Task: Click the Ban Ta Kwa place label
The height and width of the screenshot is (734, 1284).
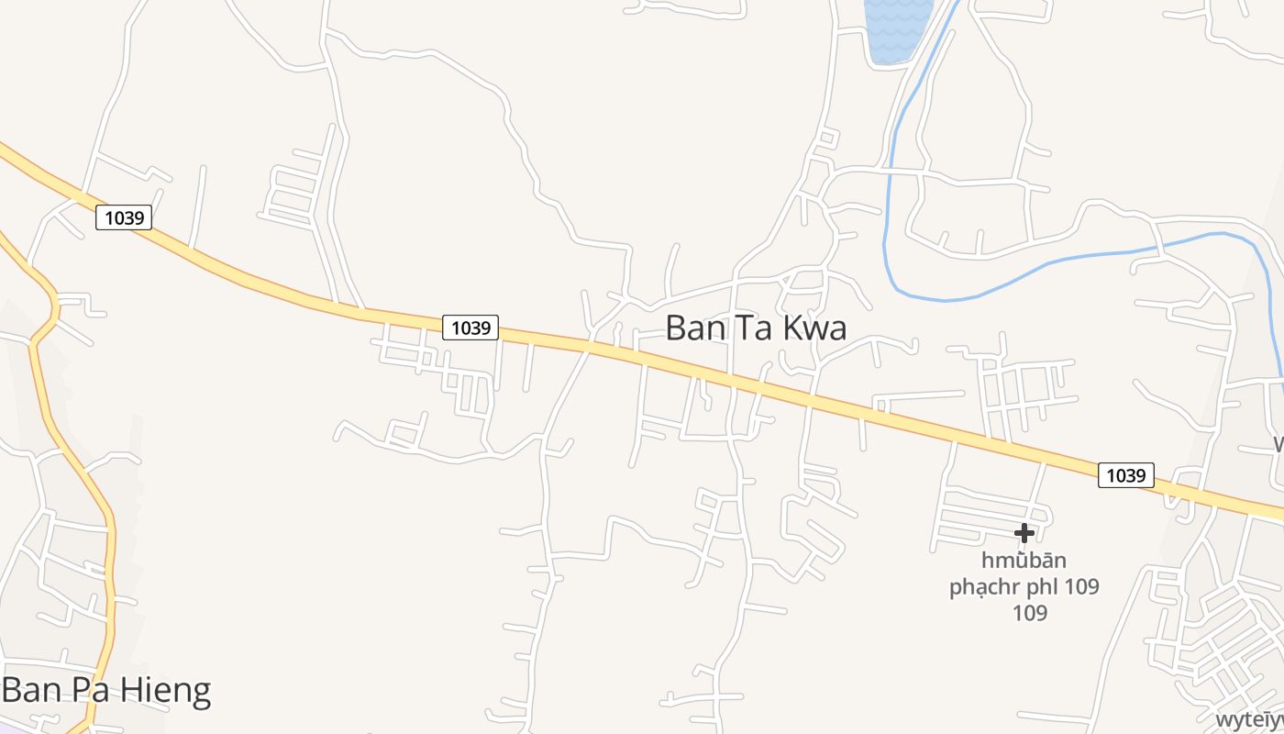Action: (x=755, y=328)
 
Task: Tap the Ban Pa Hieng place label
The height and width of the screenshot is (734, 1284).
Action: (x=106, y=690)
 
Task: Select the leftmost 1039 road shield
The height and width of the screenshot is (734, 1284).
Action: (x=124, y=217)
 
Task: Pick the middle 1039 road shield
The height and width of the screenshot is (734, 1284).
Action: (x=470, y=328)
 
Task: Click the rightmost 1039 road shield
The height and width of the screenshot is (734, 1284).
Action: (x=1125, y=475)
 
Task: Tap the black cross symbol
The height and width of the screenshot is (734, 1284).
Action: (x=1024, y=533)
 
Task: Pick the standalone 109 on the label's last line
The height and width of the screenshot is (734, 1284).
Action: (x=1029, y=613)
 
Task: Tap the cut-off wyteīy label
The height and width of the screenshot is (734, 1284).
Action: (x=1249, y=719)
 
